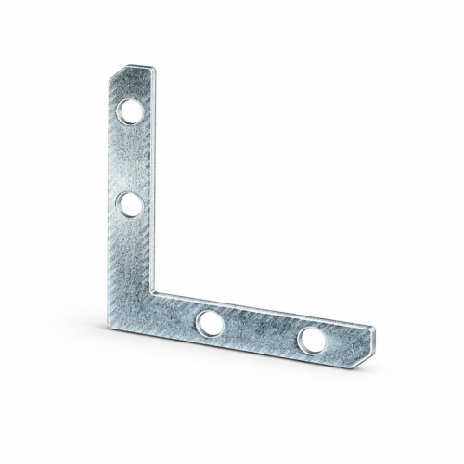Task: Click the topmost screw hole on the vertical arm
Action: click(130, 115)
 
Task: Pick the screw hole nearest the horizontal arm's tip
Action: click(310, 340)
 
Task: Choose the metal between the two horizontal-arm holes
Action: click(259, 331)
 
